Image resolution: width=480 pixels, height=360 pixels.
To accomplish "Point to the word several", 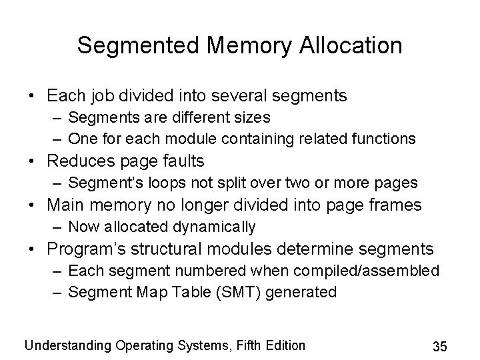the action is [247, 96].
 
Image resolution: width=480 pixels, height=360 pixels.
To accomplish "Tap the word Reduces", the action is [83, 161].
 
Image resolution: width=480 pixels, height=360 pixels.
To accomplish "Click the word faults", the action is [181, 161].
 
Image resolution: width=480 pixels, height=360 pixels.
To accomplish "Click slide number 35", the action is [439, 346].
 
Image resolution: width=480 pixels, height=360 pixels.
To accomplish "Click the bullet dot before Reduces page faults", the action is [33, 161].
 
